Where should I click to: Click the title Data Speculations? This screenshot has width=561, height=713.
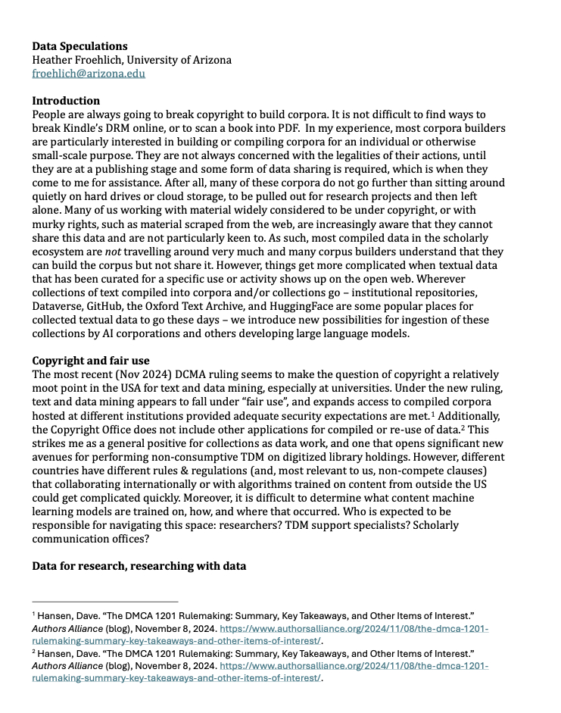(79, 46)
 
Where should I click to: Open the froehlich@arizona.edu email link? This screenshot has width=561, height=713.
(89, 73)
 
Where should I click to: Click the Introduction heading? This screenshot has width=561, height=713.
(66, 101)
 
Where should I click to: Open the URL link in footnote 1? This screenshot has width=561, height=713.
(354, 629)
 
